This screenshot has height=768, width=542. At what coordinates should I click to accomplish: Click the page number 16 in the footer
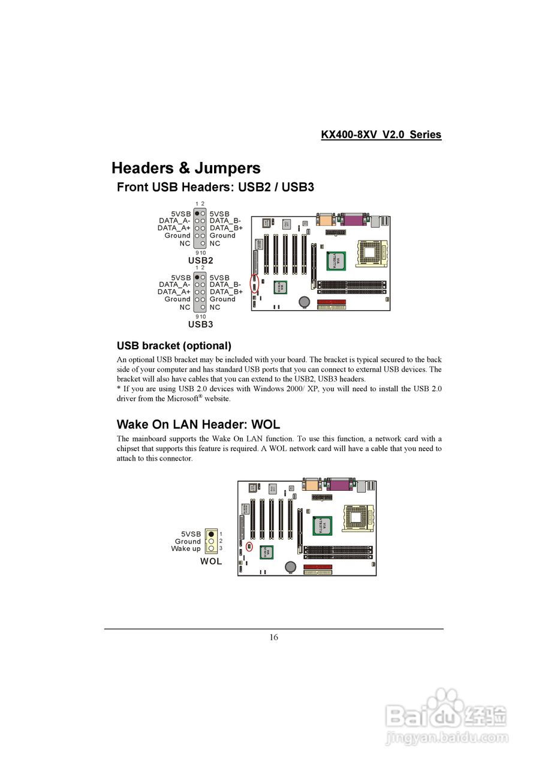click(273, 637)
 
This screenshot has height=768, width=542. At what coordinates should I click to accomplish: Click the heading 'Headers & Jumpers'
click(186, 168)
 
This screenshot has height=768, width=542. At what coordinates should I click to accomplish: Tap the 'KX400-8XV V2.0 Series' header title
click(381, 135)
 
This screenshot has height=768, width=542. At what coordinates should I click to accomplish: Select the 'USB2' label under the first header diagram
click(200, 260)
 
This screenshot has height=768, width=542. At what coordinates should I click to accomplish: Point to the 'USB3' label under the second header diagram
click(200, 324)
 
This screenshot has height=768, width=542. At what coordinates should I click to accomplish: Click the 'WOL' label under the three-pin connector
click(210, 562)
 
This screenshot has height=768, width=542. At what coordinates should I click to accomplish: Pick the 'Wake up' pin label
click(186, 548)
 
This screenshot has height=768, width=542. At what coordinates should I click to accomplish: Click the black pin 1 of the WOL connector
click(211, 534)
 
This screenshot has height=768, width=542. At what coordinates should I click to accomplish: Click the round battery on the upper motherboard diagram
click(305, 301)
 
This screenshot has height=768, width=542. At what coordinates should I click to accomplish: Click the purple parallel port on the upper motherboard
click(354, 220)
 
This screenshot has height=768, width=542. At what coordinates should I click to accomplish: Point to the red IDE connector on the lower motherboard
click(318, 566)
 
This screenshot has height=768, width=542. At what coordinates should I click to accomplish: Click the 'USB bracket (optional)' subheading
click(174, 346)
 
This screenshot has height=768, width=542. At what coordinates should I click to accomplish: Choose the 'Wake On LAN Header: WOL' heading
click(198, 425)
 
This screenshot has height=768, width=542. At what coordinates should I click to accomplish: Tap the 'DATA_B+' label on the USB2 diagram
click(226, 228)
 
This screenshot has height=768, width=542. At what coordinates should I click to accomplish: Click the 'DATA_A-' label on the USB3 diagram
click(174, 284)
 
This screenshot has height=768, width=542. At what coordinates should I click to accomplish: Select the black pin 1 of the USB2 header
click(197, 214)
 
